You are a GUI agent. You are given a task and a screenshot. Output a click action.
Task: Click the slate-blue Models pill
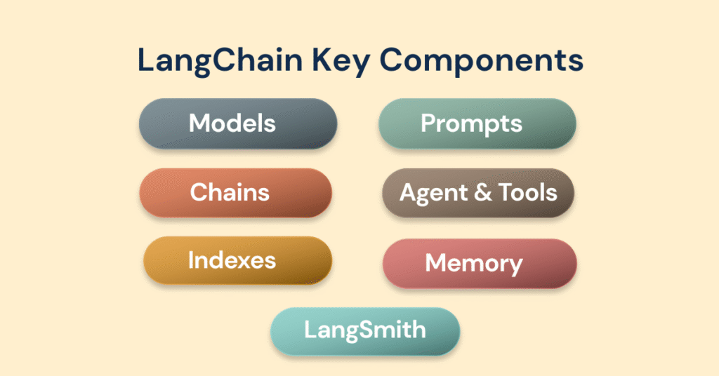(238, 123)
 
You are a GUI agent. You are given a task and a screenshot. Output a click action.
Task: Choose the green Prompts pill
(477, 124)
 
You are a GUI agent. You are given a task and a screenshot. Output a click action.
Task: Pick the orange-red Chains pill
(235, 192)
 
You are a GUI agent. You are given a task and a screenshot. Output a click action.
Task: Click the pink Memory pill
(480, 263)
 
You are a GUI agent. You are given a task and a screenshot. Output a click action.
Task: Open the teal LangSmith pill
(365, 330)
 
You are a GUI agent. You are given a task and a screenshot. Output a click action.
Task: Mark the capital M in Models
(199, 123)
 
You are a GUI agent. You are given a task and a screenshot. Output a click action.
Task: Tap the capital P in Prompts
(428, 124)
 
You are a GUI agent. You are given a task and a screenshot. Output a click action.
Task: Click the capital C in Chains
(199, 192)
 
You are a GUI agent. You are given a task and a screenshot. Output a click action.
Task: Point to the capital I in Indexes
(191, 261)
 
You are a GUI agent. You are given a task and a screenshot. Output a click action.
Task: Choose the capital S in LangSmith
(370, 330)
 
